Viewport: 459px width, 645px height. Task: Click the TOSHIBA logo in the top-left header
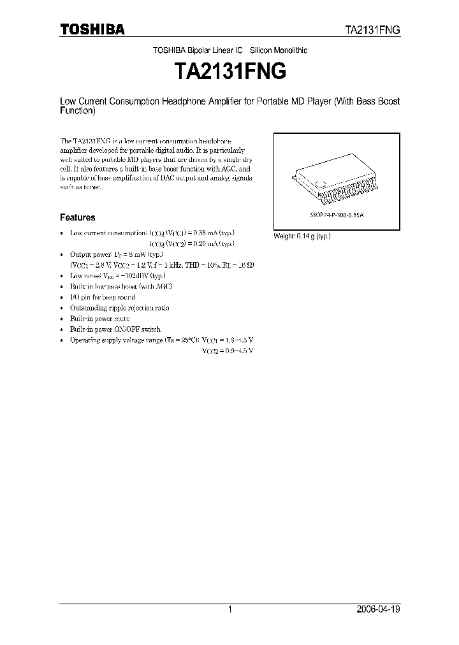pyautogui.click(x=92, y=29)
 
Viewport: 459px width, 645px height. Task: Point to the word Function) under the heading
pyautogui.click(x=77, y=110)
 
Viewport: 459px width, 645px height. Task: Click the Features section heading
pyautogui.click(x=78, y=217)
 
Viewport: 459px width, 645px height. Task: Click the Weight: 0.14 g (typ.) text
pyautogui.click(x=302, y=236)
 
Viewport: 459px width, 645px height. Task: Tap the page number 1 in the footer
pyautogui.click(x=229, y=609)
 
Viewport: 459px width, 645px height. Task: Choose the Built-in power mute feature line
pyautogui.click(x=99, y=319)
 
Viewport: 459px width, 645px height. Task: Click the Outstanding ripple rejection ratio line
pyautogui.click(x=119, y=308)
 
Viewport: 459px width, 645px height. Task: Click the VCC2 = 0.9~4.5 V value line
pyautogui.click(x=228, y=351)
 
